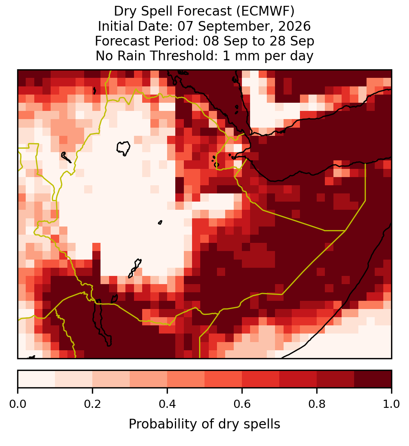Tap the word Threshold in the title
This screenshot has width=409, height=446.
point(184,56)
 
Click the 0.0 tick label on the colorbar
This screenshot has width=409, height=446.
point(18,404)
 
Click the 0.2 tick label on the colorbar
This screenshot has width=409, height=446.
point(92,404)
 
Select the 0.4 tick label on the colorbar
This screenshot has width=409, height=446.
point(167,404)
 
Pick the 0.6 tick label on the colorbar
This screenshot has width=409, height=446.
point(242,404)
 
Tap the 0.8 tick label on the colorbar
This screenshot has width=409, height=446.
point(317,404)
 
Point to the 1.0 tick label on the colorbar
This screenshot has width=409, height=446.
point(391,404)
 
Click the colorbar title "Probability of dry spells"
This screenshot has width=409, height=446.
point(204,424)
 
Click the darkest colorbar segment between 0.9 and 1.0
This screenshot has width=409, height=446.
point(373,379)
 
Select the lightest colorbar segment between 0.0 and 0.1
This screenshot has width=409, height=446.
point(37,379)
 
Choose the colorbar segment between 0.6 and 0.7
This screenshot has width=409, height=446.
point(261,379)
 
